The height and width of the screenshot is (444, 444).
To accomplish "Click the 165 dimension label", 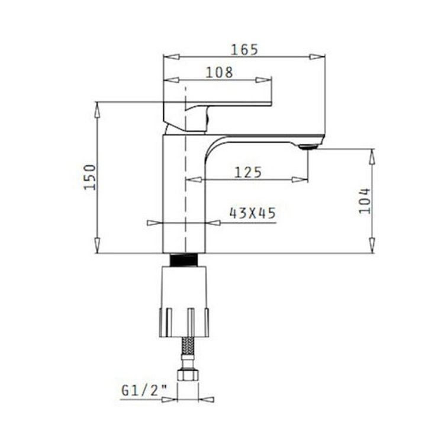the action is (x=244, y=50).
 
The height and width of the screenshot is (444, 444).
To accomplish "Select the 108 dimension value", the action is (x=219, y=72).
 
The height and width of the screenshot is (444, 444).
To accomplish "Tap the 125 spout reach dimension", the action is (x=248, y=172).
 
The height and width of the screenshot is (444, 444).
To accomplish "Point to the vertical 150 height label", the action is (x=91, y=177).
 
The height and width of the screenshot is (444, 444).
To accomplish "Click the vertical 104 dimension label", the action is (x=365, y=201).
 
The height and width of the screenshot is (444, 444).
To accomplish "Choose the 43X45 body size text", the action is (x=252, y=213).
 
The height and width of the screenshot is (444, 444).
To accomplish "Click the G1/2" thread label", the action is (x=144, y=391).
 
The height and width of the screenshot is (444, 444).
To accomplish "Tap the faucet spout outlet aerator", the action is (x=308, y=147).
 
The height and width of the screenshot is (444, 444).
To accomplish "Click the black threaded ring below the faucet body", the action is (x=184, y=260).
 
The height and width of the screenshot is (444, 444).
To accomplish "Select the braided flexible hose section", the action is (x=188, y=347).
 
